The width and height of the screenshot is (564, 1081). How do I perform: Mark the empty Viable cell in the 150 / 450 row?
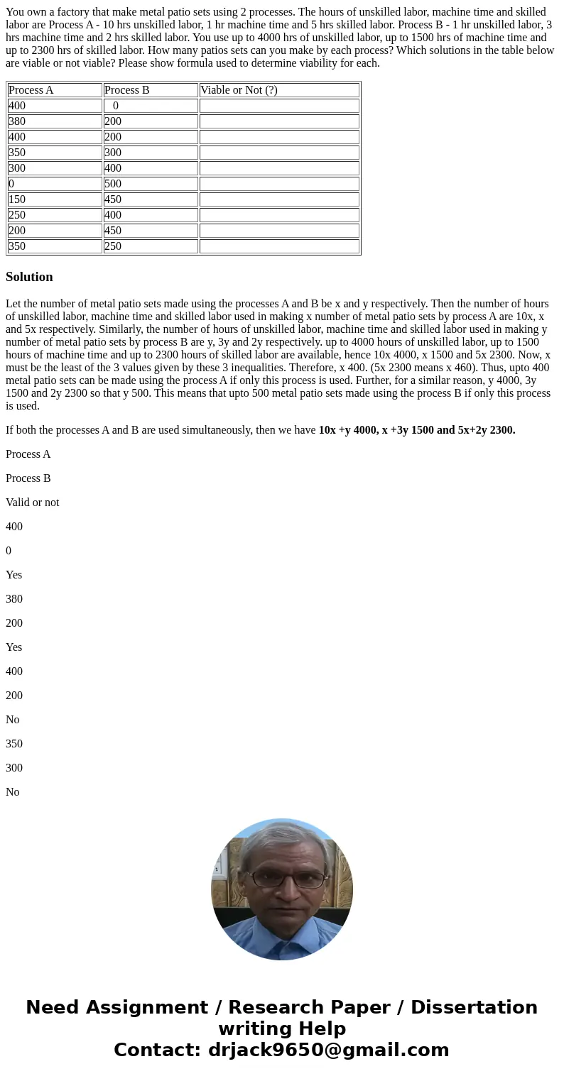[279, 199]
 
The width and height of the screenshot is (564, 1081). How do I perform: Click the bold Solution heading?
[29, 277]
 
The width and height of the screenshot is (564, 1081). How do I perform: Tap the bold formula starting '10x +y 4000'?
[417, 430]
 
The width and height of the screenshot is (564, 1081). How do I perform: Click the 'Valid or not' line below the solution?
[32, 503]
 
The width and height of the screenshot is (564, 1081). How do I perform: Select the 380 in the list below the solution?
[14, 599]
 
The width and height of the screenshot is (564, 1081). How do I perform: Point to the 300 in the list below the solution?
[14, 768]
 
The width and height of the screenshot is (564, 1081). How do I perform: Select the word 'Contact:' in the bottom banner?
[157, 1050]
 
